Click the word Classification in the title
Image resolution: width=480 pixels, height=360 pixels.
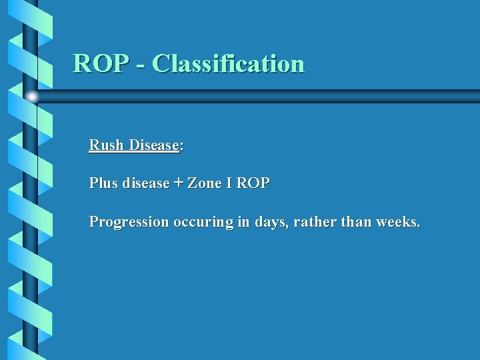point(228,63)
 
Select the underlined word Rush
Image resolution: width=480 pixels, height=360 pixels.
point(107,145)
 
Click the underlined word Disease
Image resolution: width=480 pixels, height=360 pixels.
point(154,145)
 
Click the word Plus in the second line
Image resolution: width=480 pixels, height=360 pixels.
point(103,183)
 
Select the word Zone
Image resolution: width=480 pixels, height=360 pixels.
point(205,183)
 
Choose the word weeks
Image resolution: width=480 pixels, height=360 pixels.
point(398,222)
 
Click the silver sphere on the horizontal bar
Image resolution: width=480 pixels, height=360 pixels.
point(32,97)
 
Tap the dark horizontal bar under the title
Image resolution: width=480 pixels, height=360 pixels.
point(267,97)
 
